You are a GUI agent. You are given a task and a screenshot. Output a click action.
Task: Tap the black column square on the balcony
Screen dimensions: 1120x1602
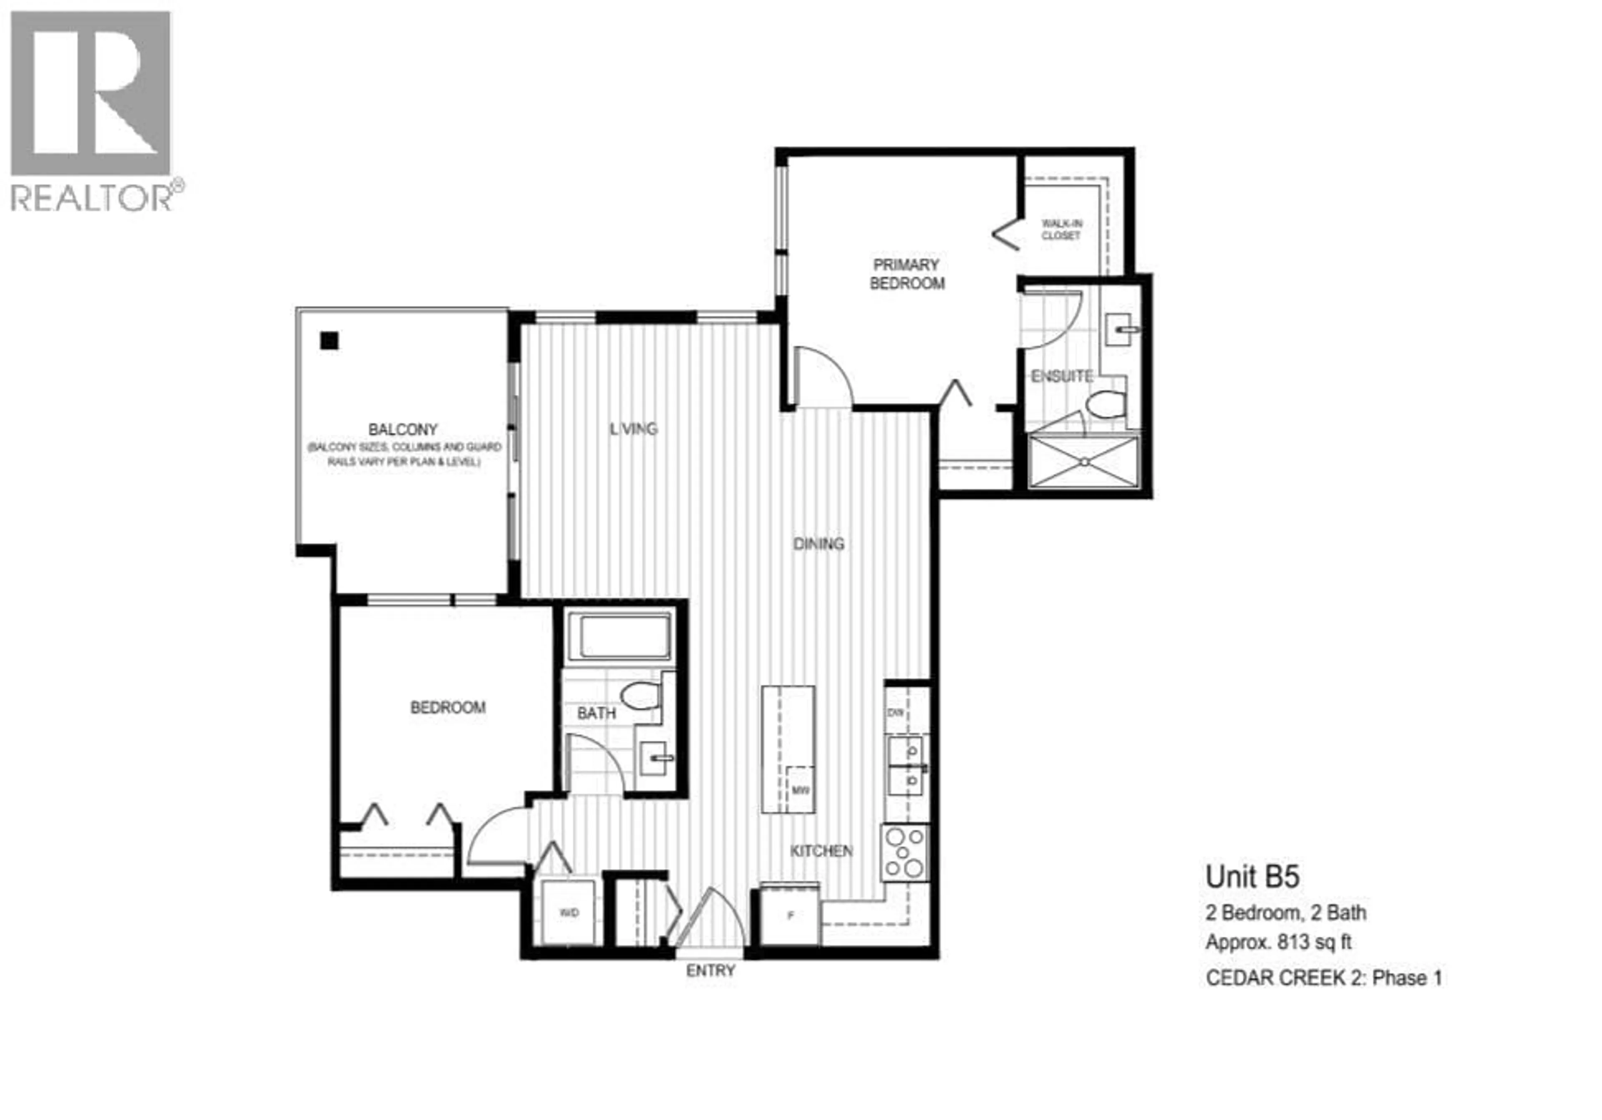pyautogui.click(x=329, y=341)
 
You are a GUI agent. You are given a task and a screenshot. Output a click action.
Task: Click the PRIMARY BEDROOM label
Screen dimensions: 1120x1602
pyautogui.click(x=907, y=274)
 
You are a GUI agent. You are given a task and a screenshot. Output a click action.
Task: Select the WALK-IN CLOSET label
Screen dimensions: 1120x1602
pyautogui.click(x=1061, y=230)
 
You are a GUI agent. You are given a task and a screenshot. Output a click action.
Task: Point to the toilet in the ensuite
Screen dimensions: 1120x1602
pyautogui.click(x=1107, y=405)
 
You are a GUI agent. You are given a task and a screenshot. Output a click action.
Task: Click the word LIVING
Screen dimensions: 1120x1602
pyautogui.click(x=634, y=429)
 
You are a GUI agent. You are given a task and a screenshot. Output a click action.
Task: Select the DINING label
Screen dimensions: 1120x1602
pyautogui.click(x=819, y=544)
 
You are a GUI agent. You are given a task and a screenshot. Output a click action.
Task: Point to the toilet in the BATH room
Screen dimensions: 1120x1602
pyautogui.click(x=640, y=696)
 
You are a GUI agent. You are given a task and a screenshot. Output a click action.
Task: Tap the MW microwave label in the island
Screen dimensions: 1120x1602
pyautogui.click(x=800, y=791)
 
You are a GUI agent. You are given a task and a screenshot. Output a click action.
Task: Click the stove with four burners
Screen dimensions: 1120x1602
pyautogui.click(x=904, y=853)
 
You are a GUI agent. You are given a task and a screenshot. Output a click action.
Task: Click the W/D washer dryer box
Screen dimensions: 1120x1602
pyautogui.click(x=569, y=913)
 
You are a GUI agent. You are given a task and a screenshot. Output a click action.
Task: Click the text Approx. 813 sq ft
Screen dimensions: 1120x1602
pyautogui.click(x=1278, y=942)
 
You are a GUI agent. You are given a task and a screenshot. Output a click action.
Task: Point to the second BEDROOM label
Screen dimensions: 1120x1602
pyautogui.click(x=447, y=708)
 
